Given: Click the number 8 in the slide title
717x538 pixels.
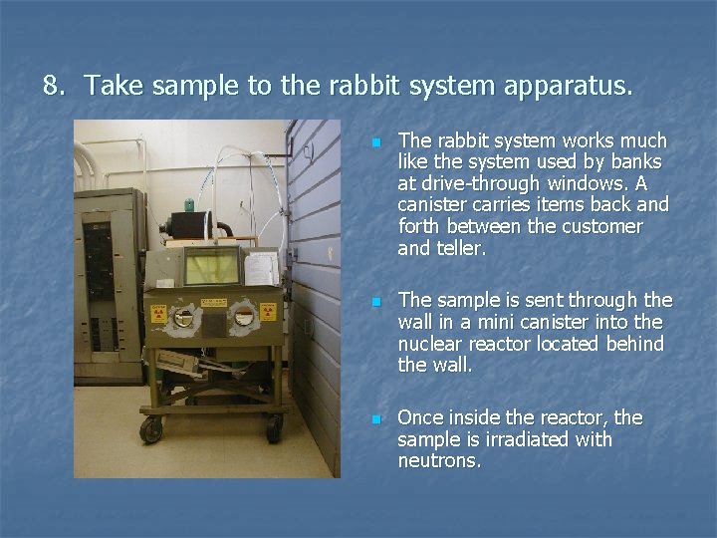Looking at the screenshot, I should (52, 87).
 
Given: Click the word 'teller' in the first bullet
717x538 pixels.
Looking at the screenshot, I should (459, 249).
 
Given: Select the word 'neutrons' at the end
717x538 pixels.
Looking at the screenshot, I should (438, 460).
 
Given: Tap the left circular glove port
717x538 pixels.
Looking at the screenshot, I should (184, 318).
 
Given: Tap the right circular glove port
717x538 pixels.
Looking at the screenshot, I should (242, 318).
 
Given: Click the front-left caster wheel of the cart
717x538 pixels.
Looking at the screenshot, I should (152, 430).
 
